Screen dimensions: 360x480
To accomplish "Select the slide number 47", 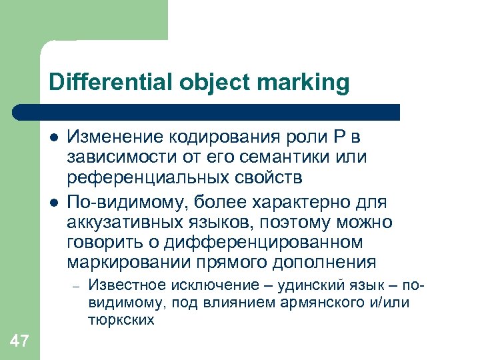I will [x=19, y=341].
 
